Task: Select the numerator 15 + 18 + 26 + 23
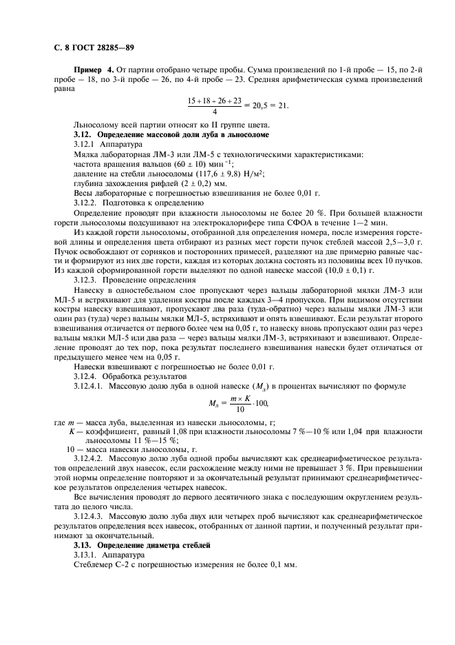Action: coord(215,101)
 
